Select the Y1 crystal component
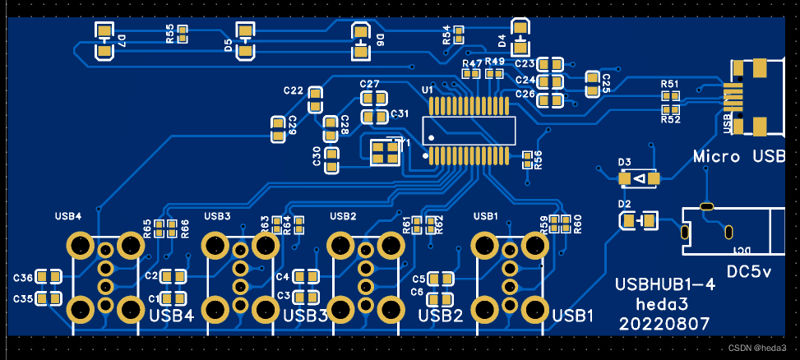tap(384, 152)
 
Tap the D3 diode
tap(639, 178)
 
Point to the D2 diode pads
tap(638, 220)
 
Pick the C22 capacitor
tap(315, 101)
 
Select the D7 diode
tap(104, 41)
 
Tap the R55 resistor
tap(183, 34)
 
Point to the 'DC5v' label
tap(749, 272)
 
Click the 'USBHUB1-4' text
tap(665, 285)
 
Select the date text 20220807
tap(664, 324)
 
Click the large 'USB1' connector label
tap(572, 316)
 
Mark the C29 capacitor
tap(278, 126)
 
